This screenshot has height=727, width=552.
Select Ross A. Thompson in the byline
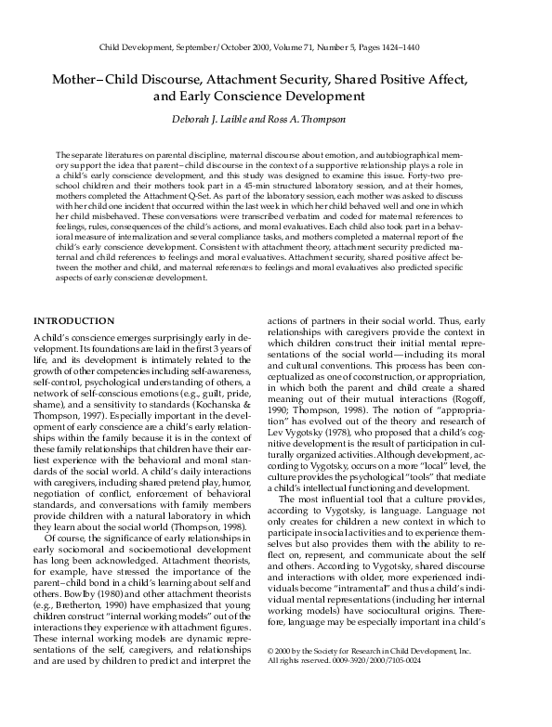coord(317,118)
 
